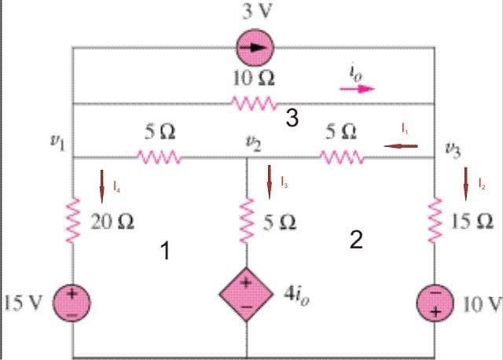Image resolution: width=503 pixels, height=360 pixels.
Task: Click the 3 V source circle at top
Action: [255, 48]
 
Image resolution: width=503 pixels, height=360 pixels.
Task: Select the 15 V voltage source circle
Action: [72, 303]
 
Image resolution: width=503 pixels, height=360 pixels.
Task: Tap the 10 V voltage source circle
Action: [435, 303]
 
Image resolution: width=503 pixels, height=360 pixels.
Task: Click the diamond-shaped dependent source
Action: [246, 294]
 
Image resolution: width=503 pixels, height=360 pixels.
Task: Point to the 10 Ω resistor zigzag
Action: [254, 104]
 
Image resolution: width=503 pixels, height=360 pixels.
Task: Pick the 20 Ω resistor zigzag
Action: [73, 220]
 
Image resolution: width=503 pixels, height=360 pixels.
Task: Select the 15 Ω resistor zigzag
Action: [435, 220]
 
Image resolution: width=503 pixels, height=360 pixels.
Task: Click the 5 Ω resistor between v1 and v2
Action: [160, 157]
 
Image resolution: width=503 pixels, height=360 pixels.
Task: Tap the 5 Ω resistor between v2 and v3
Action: [342, 157]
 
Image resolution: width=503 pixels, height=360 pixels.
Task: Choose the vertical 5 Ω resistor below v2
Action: [247, 220]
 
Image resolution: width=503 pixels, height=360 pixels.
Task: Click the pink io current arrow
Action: [357, 89]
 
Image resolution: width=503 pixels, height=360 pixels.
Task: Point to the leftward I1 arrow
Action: [401, 146]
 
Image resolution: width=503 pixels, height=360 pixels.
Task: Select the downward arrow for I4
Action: [102, 186]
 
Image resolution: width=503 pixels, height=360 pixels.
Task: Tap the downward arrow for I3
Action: [269, 182]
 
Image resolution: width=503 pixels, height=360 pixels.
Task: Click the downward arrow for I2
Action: [466, 184]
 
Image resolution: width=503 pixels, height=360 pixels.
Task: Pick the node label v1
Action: [58, 142]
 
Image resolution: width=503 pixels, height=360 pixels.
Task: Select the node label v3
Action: [453, 149]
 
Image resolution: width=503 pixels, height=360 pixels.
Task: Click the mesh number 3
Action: [292, 118]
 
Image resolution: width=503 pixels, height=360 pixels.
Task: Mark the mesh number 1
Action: [165, 251]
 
